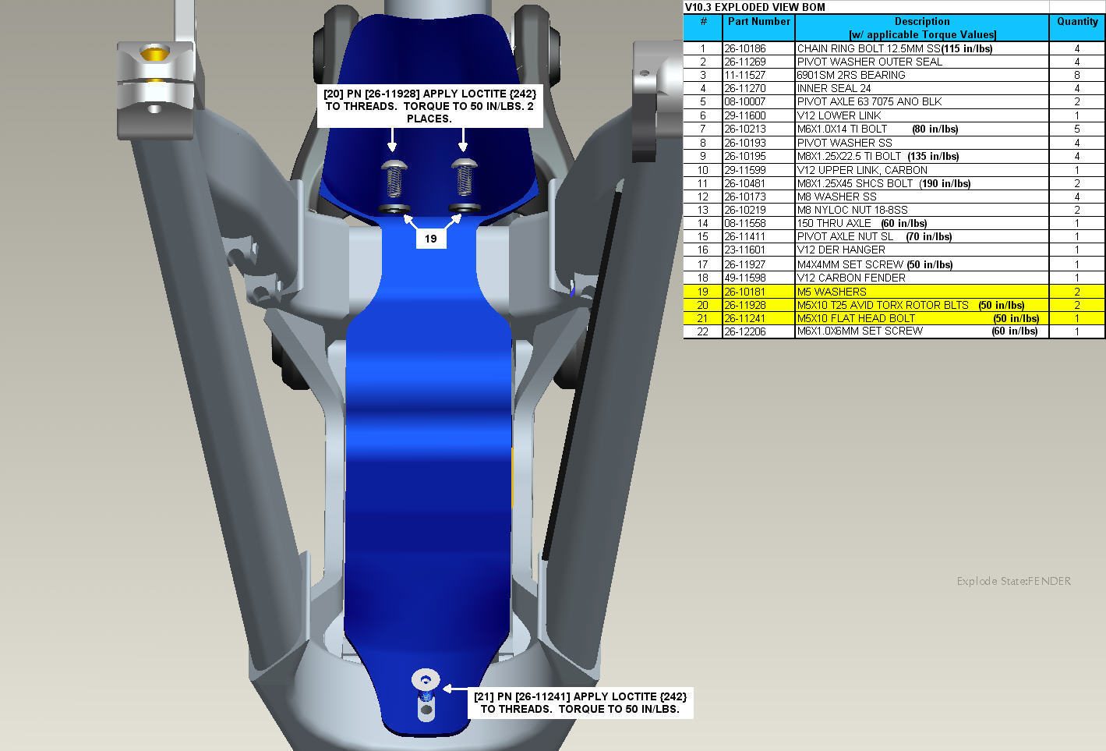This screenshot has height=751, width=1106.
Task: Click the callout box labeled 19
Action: pos(430,239)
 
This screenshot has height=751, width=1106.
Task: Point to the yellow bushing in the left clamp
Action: pos(154,52)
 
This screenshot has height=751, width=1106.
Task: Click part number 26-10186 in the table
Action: pos(744,48)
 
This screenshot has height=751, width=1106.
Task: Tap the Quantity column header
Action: pos(1077,21)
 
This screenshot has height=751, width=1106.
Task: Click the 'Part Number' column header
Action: pos(758,21)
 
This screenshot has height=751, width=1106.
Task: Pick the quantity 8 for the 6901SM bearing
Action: pos(1076,75)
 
